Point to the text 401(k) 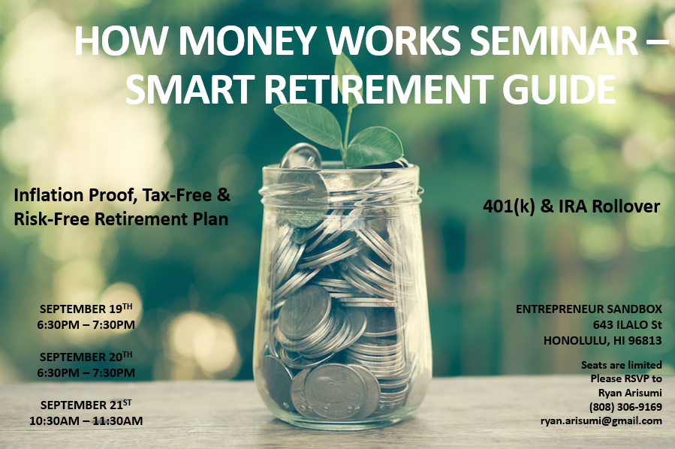point(511,206)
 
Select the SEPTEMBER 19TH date point(86,309)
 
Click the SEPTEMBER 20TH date point(86,357)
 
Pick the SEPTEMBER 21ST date point(86,405)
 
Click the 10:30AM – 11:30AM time point(86,420)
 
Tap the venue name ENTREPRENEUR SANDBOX point(589,309)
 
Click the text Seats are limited point(621,365)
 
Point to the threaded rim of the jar point(342,180)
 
